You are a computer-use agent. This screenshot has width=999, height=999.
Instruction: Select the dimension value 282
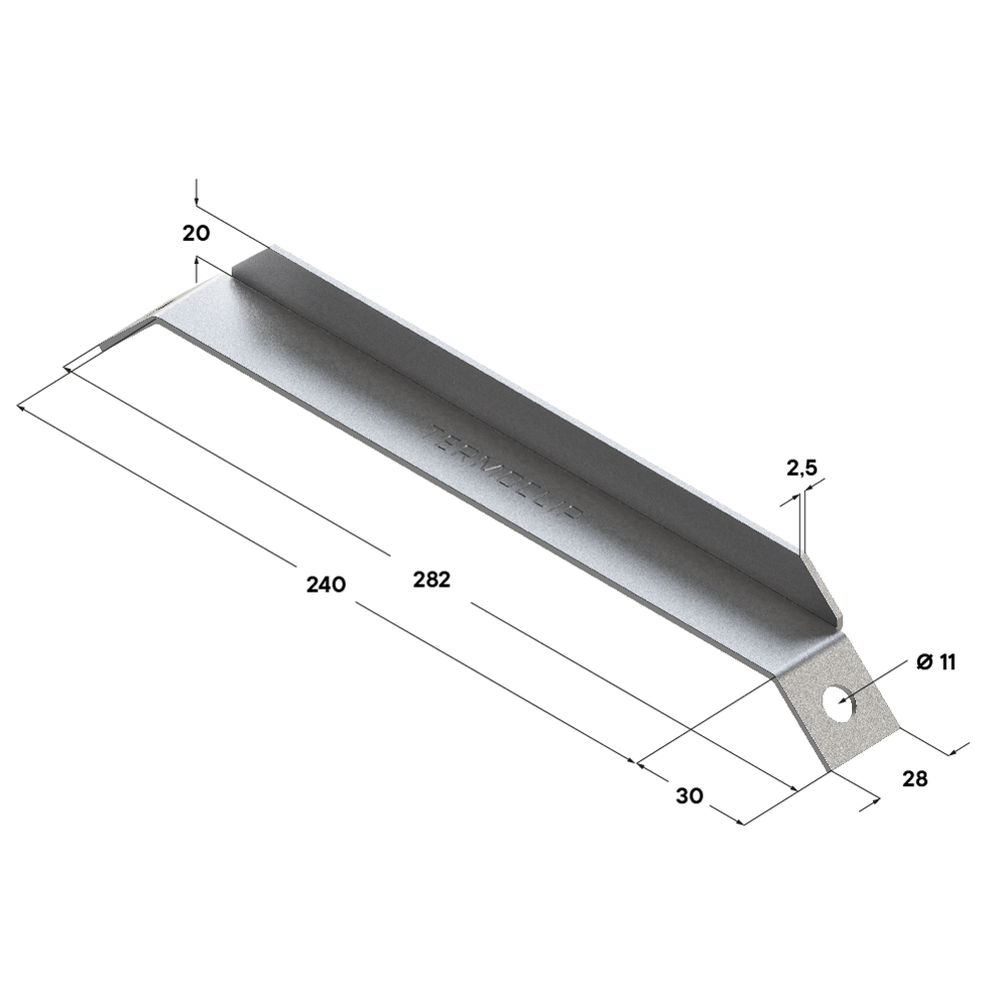click(x=432, y=577)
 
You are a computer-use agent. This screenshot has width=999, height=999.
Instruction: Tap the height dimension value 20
click(x=196, y=233)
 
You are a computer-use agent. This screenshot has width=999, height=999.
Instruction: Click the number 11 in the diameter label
click(x=947, y=661)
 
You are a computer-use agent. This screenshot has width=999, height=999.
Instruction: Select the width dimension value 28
click(x=914, y=778)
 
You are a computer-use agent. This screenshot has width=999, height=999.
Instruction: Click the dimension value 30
click(x=689, y=795)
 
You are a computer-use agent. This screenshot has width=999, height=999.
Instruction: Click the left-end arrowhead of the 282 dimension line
click(x=68, y=371)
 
